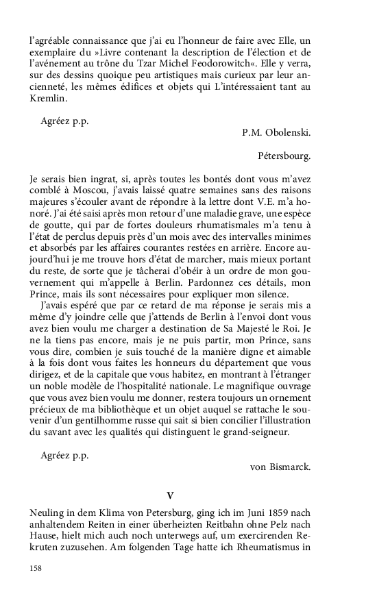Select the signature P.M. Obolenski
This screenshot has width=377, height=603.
pyautogui.click(x=276, y=132)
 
